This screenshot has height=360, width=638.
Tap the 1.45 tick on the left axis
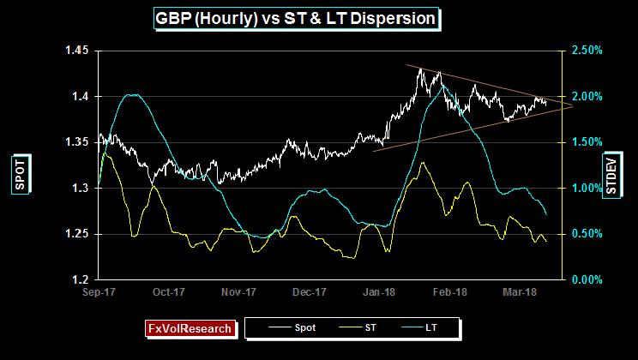[76, 51]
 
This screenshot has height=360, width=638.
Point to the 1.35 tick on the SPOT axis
[76, 141]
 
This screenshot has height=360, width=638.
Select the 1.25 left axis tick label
[76, 233]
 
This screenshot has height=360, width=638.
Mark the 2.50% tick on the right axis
[585, 51]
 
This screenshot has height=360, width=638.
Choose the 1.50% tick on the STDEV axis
[585, 141]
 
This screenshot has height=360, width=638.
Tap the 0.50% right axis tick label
[585, 233]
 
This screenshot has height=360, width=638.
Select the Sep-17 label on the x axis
[99, 292]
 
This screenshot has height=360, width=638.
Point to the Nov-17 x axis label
[239, 292]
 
